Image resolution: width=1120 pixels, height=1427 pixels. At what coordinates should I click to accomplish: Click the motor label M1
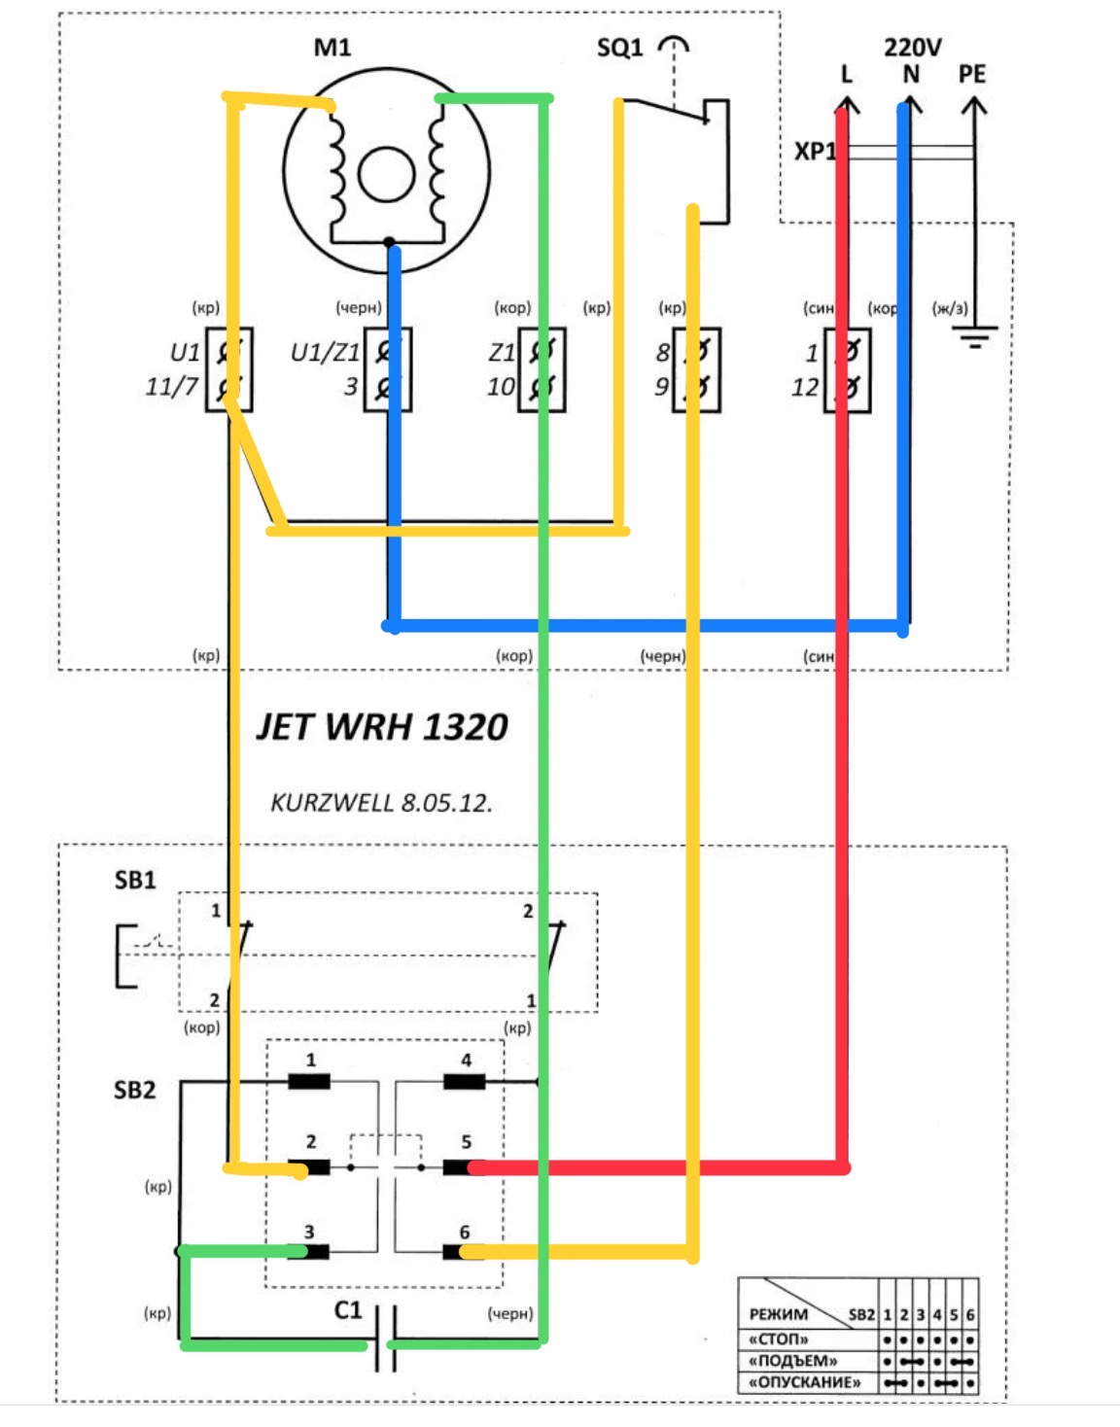(x=332, y=48)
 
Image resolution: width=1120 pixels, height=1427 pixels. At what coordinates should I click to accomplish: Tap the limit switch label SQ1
(x=619, y=48)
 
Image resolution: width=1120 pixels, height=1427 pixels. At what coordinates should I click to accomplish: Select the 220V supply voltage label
(x=912, y=48)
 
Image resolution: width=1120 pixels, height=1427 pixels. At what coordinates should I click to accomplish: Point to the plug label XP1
(x=814, y=152)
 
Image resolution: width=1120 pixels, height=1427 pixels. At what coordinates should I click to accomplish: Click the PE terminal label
(x=971, y=75)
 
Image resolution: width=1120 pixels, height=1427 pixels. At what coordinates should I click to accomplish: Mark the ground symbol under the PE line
(x=974, y=338)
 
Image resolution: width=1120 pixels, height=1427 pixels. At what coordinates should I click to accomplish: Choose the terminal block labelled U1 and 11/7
(x=229, y=369)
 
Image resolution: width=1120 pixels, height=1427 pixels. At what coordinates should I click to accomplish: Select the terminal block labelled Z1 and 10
(x=542, y=369)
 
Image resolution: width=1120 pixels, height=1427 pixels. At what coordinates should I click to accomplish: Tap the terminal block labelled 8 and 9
(x=696, y=369)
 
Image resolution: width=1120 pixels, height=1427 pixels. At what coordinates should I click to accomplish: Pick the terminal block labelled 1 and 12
(x=847, y=369)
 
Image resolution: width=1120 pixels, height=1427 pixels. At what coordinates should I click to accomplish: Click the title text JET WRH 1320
(x=382, y=727)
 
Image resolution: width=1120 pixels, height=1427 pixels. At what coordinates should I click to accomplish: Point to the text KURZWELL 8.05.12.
(x=381, y=803)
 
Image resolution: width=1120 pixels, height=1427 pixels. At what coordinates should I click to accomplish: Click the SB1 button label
(x=135, y=881)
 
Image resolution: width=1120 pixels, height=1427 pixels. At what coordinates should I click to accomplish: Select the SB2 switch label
(x=134, y=1091)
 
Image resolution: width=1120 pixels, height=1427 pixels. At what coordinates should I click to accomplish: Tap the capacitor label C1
(x=348, y=1310)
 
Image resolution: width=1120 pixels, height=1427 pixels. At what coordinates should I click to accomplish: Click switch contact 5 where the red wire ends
(x=459, y=1166)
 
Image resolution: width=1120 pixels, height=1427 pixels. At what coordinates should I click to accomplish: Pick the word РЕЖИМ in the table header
(x=778, y=1314)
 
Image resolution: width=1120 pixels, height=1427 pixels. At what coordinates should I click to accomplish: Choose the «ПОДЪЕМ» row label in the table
(x=792, y=1361)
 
